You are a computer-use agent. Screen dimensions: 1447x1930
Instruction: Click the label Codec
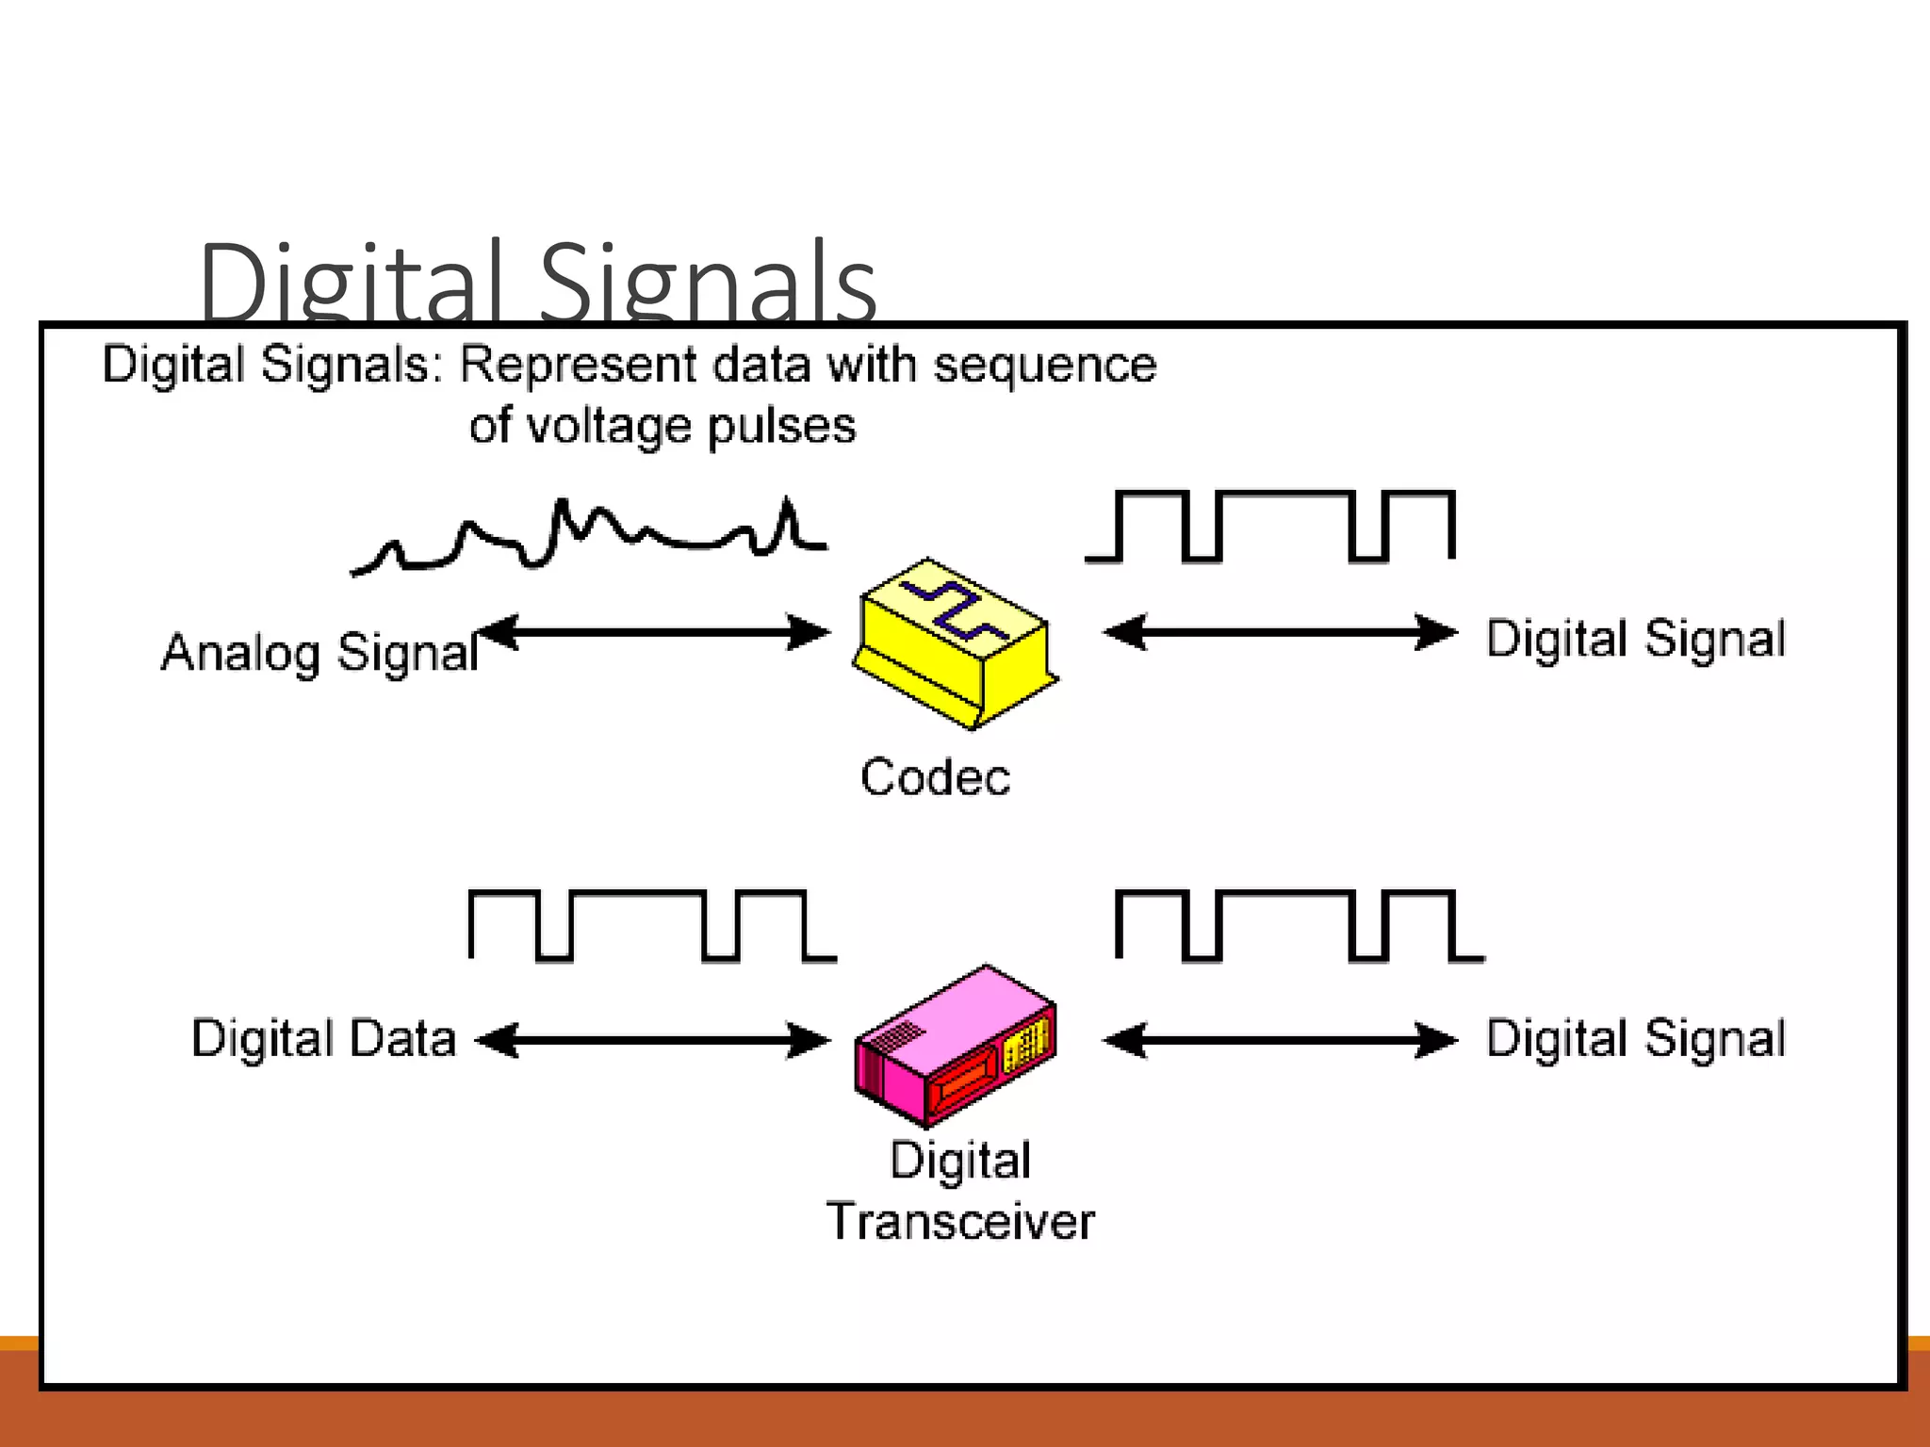(935, 778)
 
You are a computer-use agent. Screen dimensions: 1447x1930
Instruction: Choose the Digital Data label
(324, 1038)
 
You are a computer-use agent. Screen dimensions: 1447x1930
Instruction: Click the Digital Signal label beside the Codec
(1636, 639)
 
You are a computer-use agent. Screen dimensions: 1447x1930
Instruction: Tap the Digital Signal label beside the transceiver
(1636, 1038)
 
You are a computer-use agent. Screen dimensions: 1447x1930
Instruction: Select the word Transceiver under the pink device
(960, 1222)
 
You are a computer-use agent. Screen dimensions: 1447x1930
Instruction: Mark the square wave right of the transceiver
(1299, 925)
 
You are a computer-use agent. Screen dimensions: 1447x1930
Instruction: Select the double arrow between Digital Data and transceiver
(653, 1040)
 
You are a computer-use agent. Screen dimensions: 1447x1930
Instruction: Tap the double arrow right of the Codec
(1280, 632)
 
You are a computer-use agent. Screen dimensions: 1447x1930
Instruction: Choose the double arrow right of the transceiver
(1280, 1040)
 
